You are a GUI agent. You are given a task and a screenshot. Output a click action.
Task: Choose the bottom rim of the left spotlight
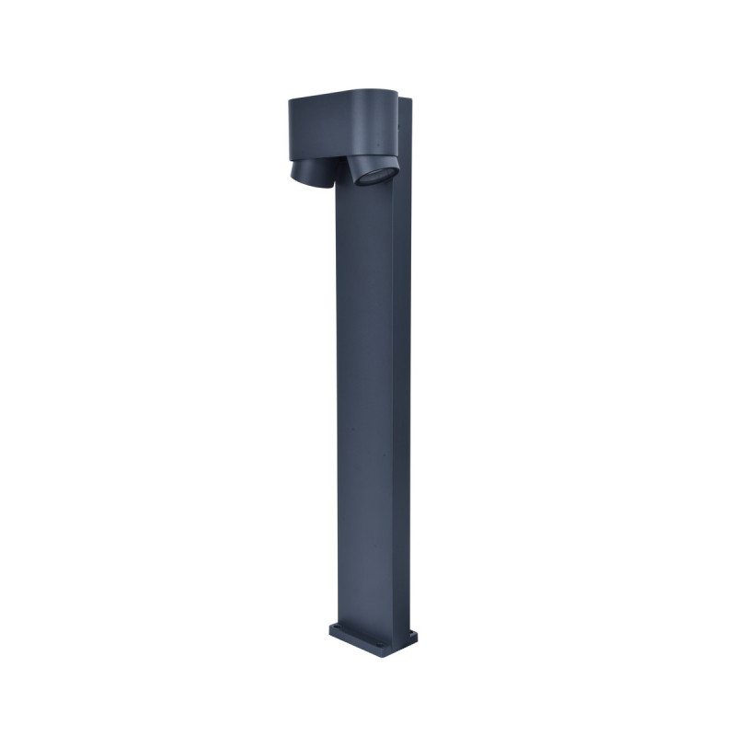[307, 184]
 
